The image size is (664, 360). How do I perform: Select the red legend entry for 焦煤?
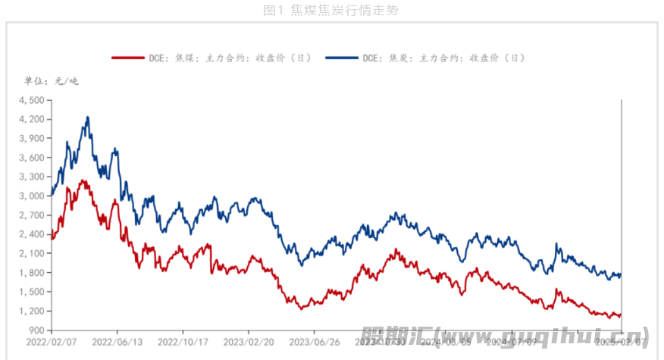pos(211,58)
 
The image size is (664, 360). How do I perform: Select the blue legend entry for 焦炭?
pos(425,58)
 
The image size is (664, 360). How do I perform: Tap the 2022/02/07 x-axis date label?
pos(52,342)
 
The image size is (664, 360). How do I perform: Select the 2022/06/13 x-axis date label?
pos(117,342)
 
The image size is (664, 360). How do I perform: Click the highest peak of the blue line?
pos(88,117)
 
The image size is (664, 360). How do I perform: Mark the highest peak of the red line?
pos(83,180)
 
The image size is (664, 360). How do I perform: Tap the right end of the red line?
pos(621,315)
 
